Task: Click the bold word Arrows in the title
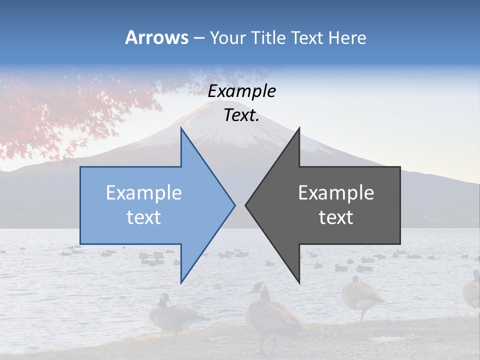pyautogui.click(x=156, y=37)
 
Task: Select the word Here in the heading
pyautogui.click(x=347, y=37)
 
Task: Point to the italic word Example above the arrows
pyautogui.click(x=242, y=91)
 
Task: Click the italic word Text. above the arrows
pyautogui.click(x=242, y=115)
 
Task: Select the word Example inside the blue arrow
pyautogui.click(x=144, y=193)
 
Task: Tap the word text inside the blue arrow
pyautogui.click(x=144, y=217)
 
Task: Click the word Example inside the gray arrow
pyautogui.click(x=336, y=193)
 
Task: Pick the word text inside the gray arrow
pyautogui.click(x=336, y=217)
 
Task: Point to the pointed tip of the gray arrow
pyautogui.click(x=246, y=204)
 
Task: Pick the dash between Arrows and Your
pyautogui.click(x=198, y=38)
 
